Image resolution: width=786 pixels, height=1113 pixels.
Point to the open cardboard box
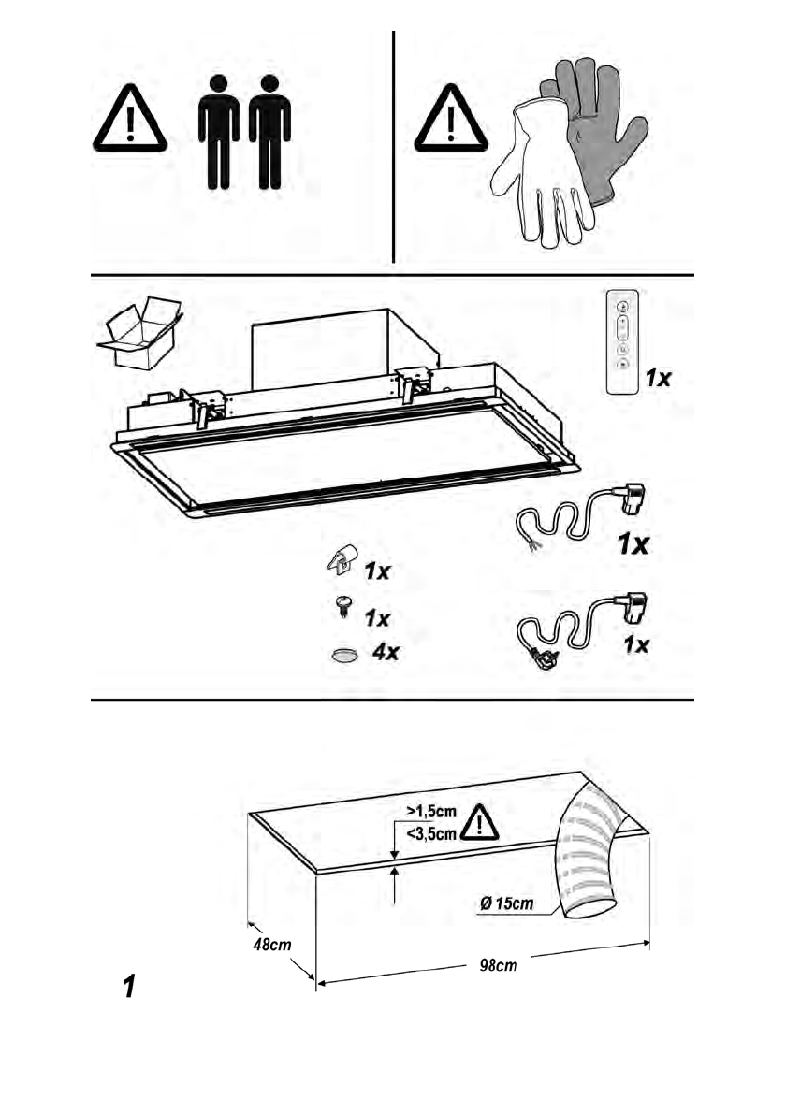tap(139, 334)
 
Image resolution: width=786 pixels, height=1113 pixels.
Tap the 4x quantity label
tap(386, 653)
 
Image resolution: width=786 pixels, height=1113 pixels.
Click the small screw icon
tap(343, 609)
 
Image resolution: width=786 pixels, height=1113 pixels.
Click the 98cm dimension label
tap(492, 965)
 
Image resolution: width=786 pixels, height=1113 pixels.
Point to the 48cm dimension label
tap(271, 944)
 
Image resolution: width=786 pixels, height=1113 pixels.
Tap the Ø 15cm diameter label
tap(506, 903)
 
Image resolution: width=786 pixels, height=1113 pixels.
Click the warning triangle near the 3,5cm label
tap(479, 822)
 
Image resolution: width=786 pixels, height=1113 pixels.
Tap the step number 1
tap(130, 986)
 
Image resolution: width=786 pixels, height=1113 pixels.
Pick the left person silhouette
tap(218, 130)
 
